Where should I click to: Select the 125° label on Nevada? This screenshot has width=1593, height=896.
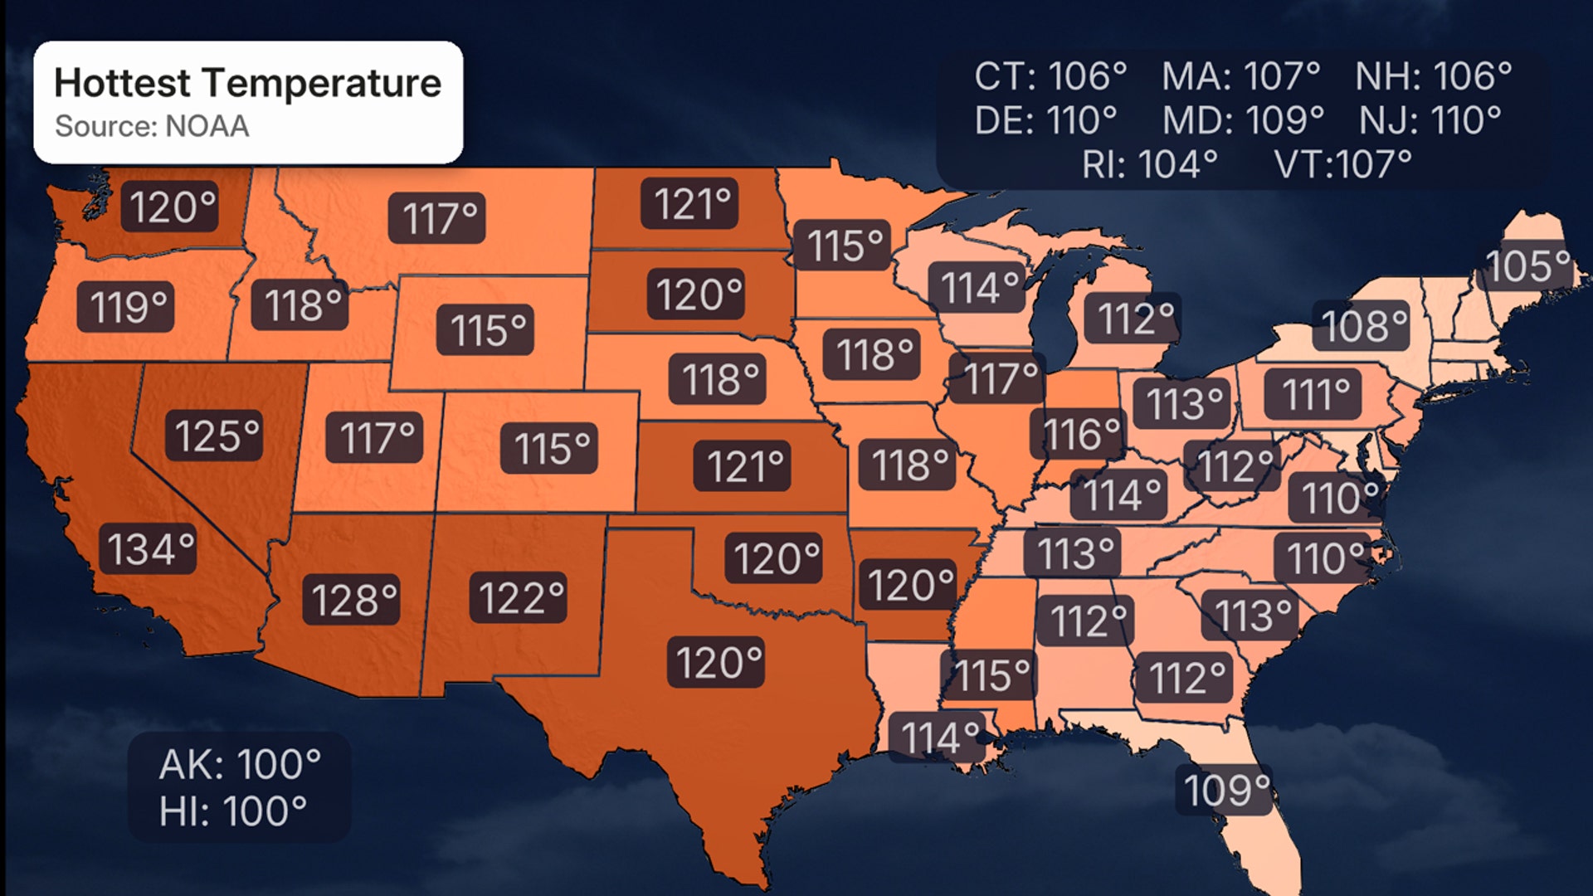pos(217,436)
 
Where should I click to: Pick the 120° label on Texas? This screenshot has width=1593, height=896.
pos(718,662)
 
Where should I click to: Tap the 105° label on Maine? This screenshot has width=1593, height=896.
pos(1527,266)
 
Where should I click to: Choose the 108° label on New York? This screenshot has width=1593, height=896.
pos(1363,325)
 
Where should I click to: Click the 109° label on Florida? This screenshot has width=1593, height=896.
pos(1226,790)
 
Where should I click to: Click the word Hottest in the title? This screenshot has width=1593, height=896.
pos(123,83)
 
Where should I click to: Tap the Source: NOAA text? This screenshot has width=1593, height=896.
pos(152,126)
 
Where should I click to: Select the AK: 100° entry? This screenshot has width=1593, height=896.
pos(240,764)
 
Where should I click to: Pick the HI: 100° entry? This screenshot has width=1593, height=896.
pos(233,811)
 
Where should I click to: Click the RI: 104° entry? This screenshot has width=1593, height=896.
pos(1149,164)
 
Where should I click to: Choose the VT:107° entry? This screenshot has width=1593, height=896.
pos(1342,164)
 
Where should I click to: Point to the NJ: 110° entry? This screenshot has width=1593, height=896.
pos(1430,120)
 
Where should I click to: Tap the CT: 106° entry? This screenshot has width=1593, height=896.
pos(1050,76)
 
